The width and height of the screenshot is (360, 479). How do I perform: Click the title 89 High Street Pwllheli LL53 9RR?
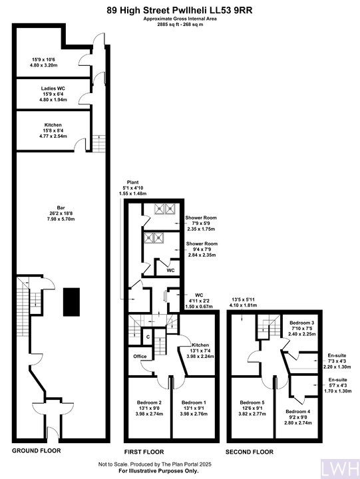180,11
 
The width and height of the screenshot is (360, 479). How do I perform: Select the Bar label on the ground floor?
61,208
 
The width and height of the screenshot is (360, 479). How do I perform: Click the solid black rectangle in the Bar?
71,302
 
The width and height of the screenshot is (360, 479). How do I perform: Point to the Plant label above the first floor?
132,182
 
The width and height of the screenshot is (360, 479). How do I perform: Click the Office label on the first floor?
140,356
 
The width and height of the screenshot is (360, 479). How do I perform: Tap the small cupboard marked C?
148,337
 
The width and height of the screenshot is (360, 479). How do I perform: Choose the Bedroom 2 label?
149,402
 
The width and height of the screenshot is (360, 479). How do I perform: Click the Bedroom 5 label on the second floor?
252,402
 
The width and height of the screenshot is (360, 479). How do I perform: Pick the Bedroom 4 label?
298,412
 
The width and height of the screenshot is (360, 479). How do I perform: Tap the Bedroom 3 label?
302,323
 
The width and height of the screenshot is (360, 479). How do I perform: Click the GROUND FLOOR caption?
37,450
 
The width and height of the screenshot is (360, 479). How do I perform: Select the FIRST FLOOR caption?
144,452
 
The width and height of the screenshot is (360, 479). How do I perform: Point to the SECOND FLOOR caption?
250,452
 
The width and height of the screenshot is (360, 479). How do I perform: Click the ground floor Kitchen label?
53,125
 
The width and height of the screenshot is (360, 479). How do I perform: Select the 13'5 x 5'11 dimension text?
244,299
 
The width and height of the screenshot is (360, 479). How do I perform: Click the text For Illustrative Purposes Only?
158,471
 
